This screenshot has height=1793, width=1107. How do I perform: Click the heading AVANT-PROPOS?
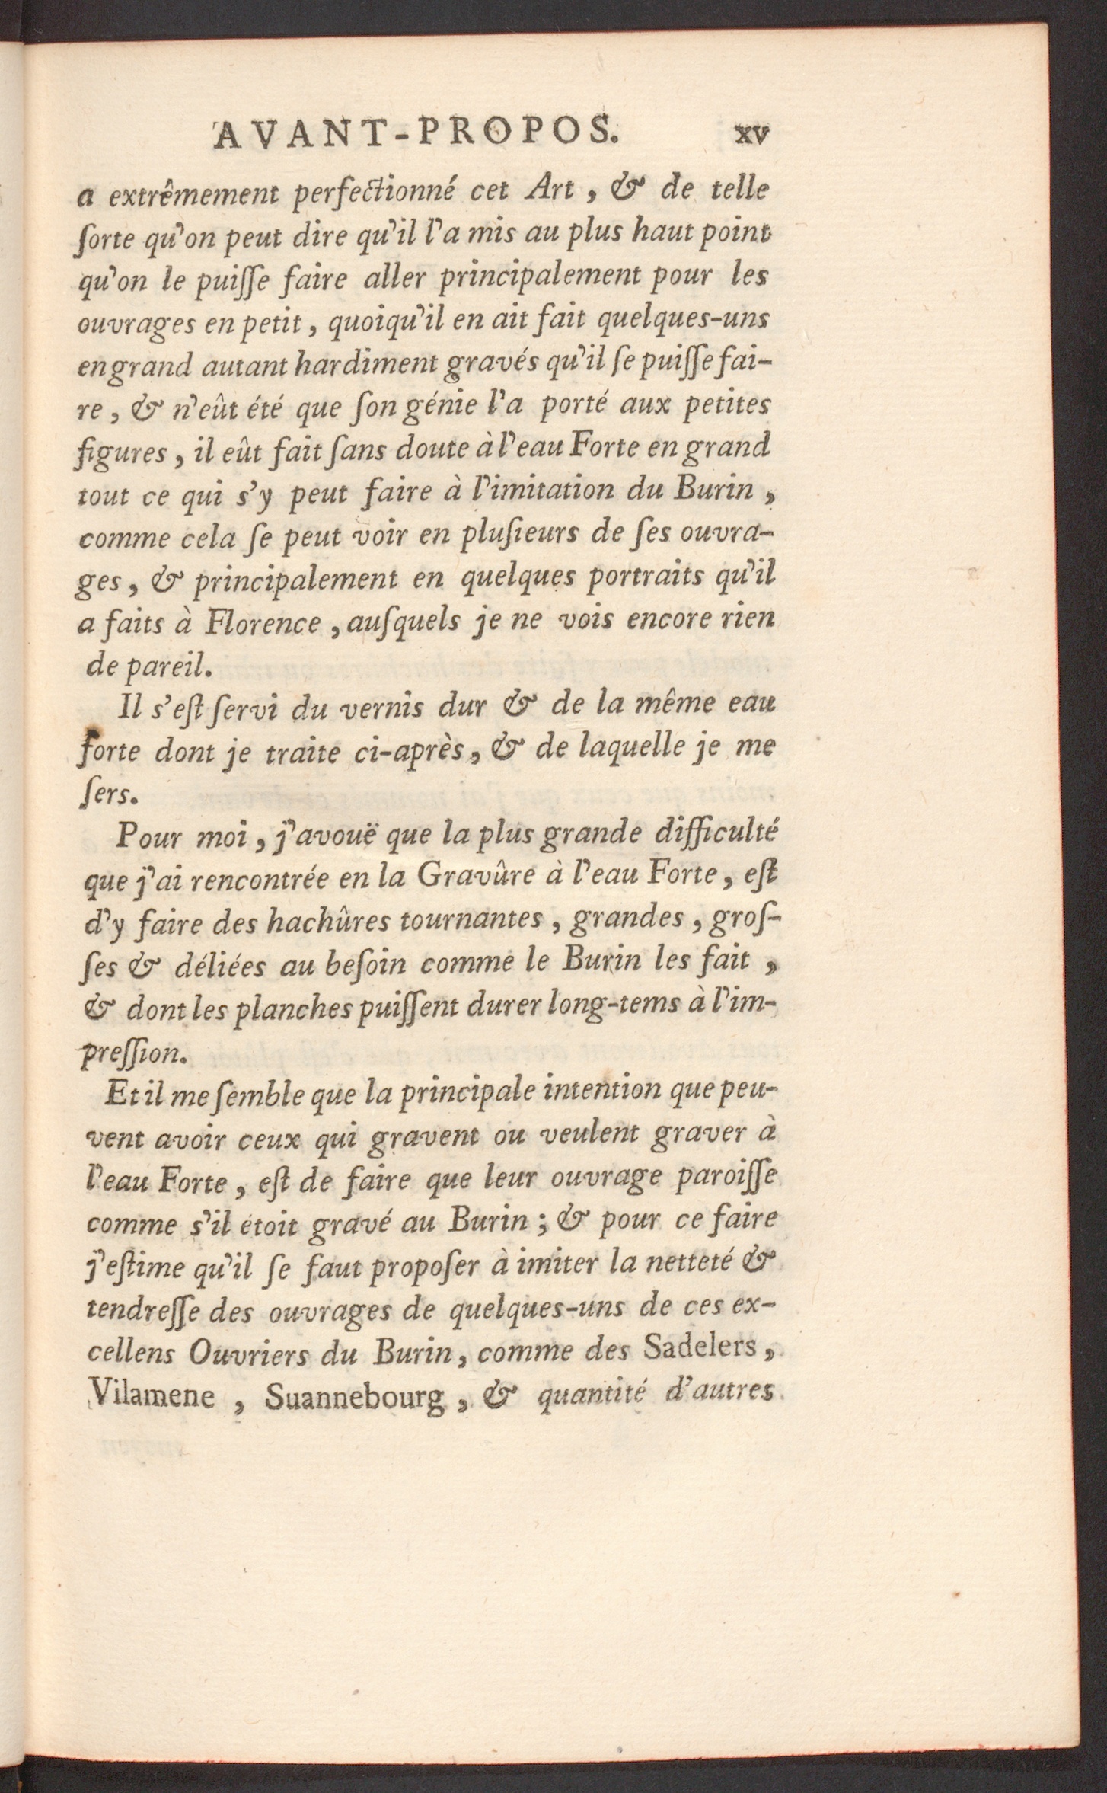click(x=413, y=133)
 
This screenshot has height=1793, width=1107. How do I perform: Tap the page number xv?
click(x=751, y=135)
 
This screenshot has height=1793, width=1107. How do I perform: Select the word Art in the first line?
click(x=549, y=189)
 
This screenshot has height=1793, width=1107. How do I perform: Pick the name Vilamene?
click(x=153, y=1394)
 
